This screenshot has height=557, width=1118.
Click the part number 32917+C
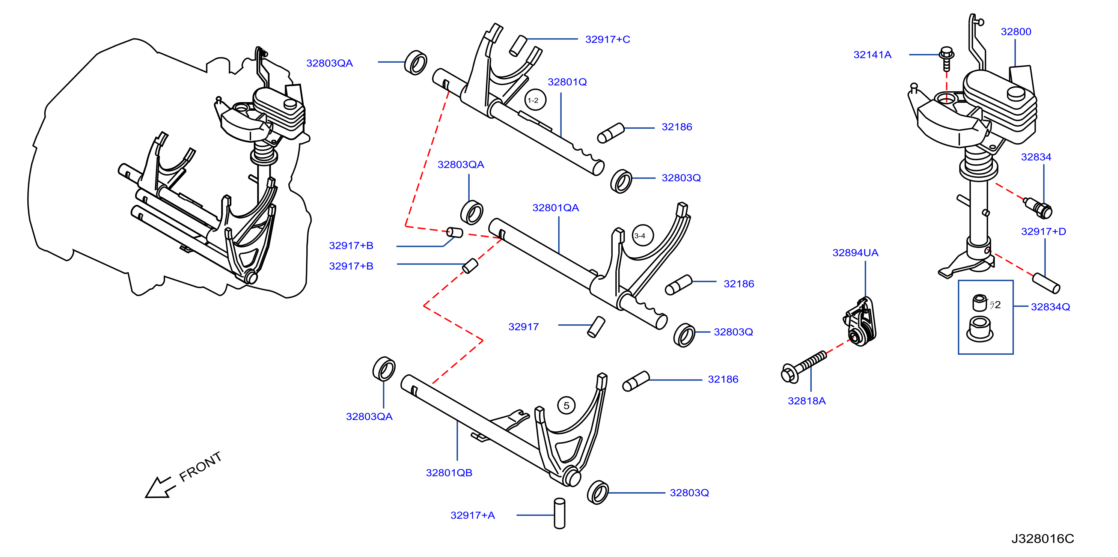(x=607, y=39)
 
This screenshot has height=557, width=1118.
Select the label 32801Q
(x=567, y=82)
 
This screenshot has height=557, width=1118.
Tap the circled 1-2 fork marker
(x=535, y=100)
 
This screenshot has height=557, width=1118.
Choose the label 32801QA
(x=556, y=208)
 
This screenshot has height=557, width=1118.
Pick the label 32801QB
(x=449, y=473)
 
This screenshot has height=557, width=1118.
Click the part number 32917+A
(x=472, y=515)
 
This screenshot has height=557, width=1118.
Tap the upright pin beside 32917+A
(x=560, y=513)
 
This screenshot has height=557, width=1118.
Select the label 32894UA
(x=855, y=253)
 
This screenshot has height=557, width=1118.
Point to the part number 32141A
(x=872, y=55)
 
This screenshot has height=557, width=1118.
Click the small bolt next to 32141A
(x=946, y=59)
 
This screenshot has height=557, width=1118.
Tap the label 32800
(x=1016, y=32)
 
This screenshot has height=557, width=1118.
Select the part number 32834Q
(x=1050, y=307)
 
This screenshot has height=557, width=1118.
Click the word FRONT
(x=200, y=467)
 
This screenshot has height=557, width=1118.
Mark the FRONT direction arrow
(x=160, y=488)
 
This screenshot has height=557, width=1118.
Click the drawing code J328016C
(x=1043, y=539)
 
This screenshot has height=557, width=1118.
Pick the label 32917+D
(x=1043, y=232)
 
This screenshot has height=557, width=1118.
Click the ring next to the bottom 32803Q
(x=598, y=492)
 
